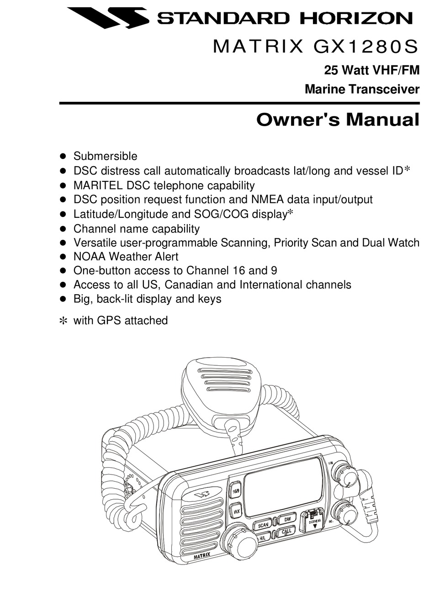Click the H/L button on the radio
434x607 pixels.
pyautogui.click(x=263, y=538)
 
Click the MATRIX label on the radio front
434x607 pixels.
pyautogui.click(x=202, y=556)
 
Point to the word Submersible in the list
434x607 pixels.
pyautogui.click(x=105, y=156)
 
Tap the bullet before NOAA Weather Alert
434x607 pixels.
pyautogui.click(x=64, y=257)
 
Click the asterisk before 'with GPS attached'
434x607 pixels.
pyautogui.click(x=64, y=321)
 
